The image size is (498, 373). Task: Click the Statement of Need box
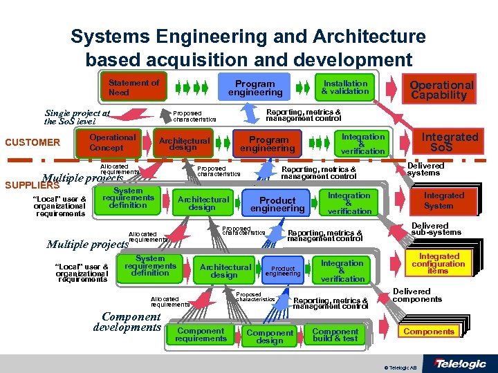134,87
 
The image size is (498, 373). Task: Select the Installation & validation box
345,87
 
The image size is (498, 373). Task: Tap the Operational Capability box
441,89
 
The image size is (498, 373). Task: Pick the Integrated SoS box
450,142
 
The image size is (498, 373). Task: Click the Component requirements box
201,334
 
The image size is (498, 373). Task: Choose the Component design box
270,336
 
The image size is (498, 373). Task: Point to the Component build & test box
335,334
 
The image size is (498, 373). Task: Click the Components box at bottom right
429,332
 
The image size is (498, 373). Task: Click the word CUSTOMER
33,143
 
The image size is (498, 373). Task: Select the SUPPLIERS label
24,185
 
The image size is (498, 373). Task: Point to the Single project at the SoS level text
77,117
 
